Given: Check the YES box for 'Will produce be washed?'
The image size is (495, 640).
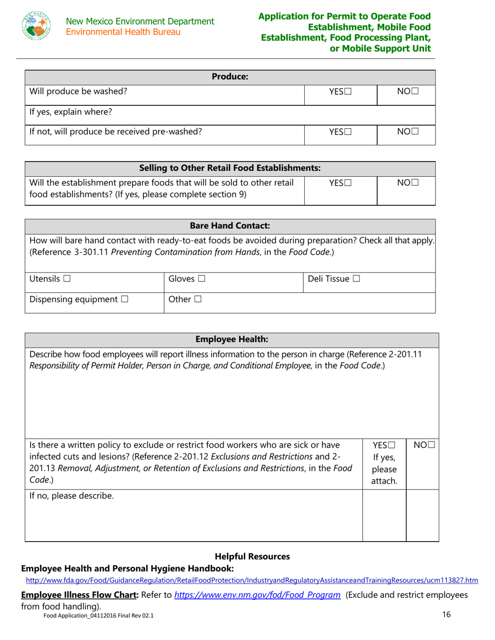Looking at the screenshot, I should (348, 92).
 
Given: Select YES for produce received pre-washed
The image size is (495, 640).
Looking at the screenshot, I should (348, 133).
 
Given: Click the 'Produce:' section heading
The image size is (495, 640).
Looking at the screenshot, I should (230, 77).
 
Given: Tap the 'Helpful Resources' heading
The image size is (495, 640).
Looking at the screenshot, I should (252, 557).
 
